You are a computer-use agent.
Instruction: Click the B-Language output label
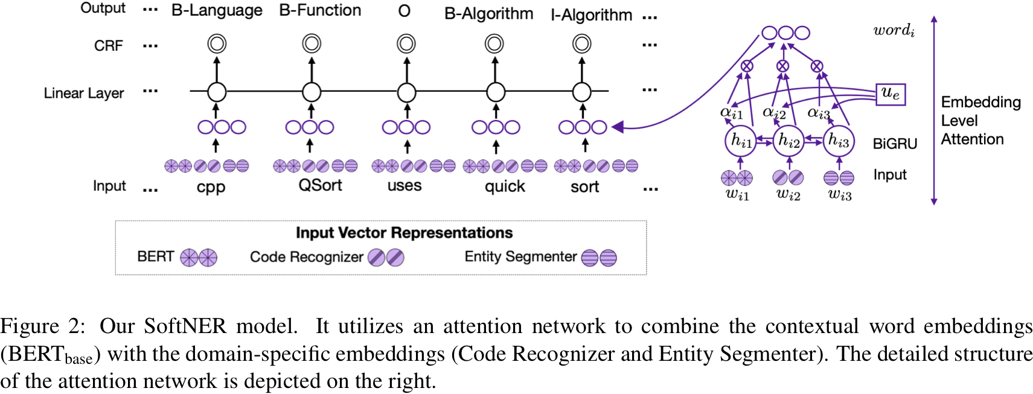point(216,11)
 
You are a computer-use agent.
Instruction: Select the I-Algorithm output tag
point(591,15)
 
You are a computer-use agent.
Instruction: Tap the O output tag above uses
point(405,11)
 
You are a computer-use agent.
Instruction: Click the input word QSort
point(320,185)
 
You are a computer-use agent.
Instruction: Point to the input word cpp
point(211,187)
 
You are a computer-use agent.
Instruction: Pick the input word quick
point(505,186)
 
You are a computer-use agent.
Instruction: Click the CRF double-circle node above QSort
point(312,43)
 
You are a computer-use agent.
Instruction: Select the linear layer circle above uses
point(406,92)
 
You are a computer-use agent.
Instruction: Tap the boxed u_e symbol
point(891,94)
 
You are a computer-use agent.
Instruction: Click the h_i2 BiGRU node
point(788,141)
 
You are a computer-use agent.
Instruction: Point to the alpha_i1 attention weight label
point(731,112)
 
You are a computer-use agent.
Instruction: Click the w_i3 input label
point(839,194)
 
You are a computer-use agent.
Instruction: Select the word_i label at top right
point(894,30)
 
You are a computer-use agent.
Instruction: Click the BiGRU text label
point(895,144)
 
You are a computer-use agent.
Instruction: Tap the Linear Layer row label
point(83,93)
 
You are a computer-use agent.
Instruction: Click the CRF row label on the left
point(108,46)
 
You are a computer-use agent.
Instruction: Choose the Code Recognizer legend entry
point(307,257)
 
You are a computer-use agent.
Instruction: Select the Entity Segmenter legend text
point(520,256)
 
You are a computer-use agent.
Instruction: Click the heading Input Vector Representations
point(404,233)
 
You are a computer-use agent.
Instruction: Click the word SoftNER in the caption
point(185,326)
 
